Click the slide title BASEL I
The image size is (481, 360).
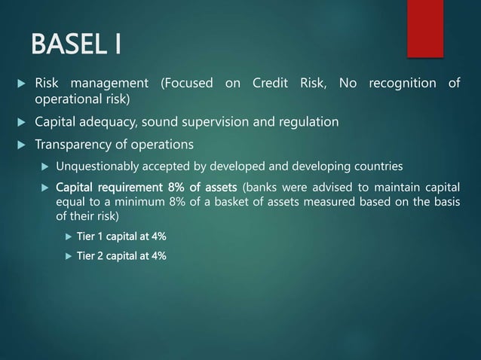(76, 44)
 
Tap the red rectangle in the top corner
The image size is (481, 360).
(425, 27)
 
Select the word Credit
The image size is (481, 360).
(267, 83)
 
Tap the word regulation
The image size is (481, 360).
(309, 122)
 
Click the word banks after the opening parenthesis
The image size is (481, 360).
(261, 187)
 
